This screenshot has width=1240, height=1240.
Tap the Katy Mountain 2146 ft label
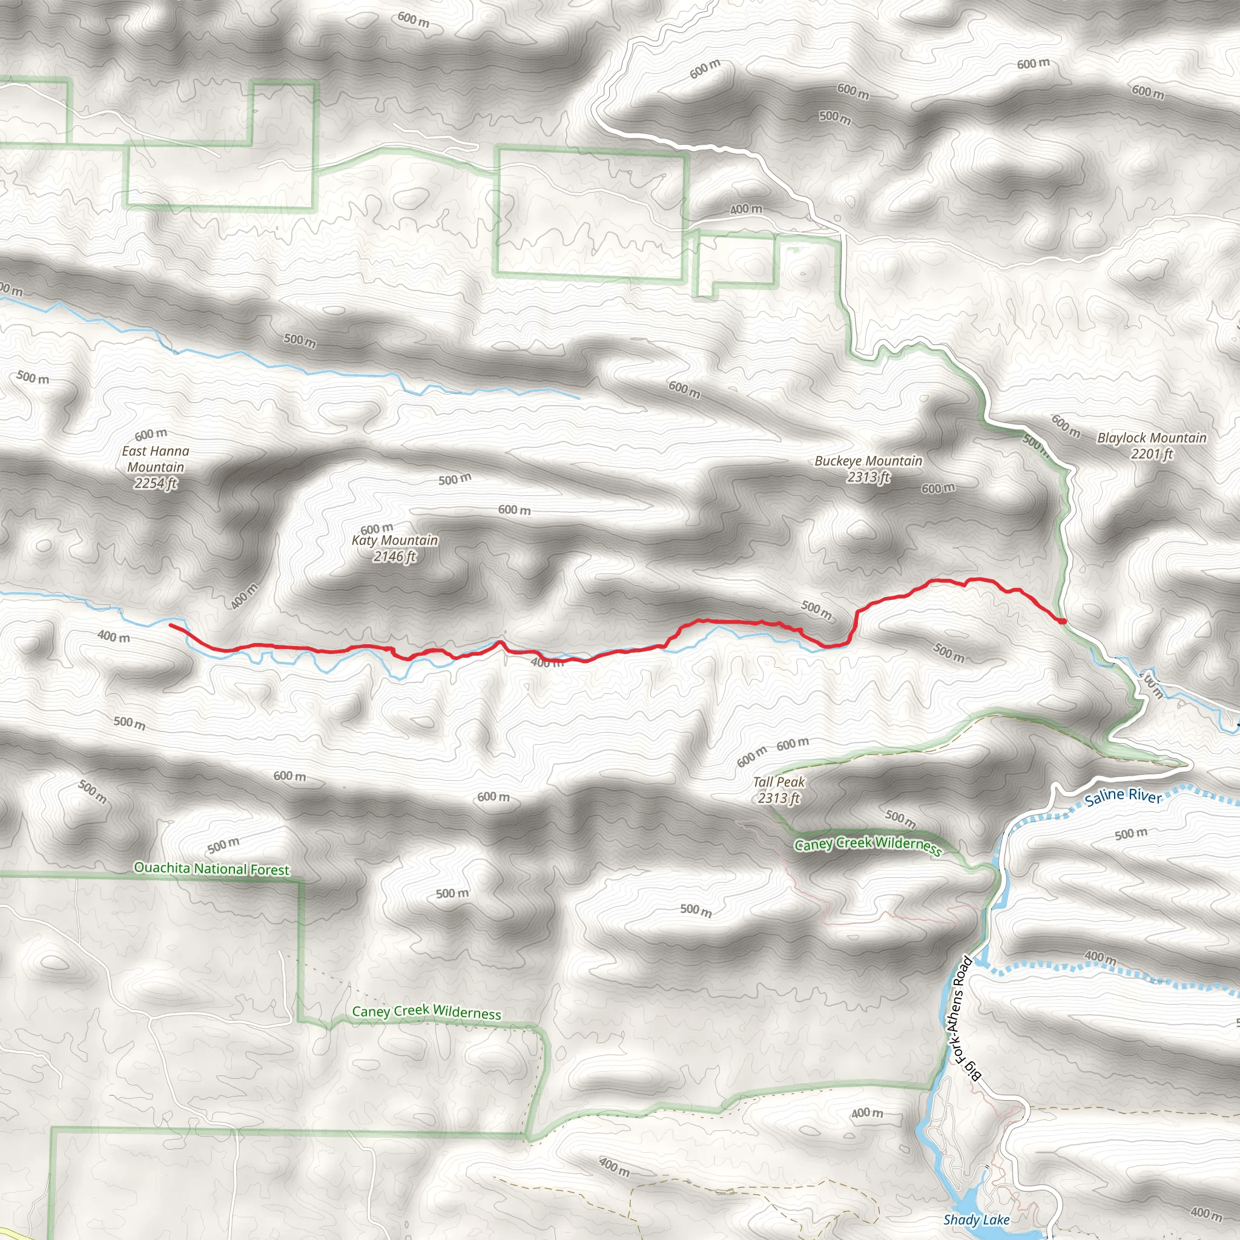(x=395, y=548)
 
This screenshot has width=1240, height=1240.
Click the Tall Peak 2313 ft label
(x=779, y=790)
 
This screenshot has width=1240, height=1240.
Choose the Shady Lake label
(x=976, y=1219)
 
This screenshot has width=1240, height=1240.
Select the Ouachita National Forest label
(x=212, y=868)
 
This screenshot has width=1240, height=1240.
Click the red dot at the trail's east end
(x=1063, y=621)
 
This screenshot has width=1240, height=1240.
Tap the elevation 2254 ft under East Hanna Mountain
(x=156, y=483)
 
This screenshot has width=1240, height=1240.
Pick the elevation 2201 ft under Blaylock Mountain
(x=1152, y=453)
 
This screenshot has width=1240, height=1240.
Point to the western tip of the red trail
(x=171, y=624)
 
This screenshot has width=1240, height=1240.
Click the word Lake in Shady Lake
(x=995, y=1219)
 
